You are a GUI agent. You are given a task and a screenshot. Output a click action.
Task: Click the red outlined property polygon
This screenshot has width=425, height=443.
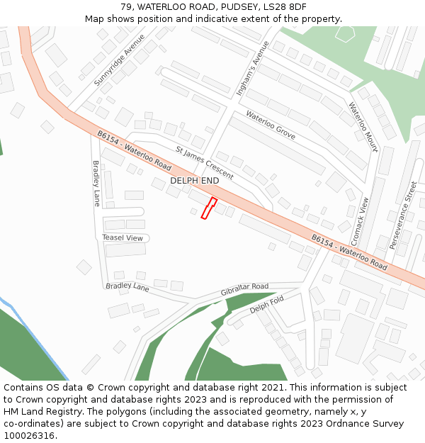[209, 208]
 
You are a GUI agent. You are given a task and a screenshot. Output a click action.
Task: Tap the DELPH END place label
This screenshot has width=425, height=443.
[194, 181]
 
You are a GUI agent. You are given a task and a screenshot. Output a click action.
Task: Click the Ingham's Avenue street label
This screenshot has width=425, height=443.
[253, 68]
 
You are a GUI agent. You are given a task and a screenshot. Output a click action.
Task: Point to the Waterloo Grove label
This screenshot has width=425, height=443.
[271, 124]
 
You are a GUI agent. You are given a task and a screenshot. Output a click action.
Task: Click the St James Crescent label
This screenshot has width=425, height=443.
[204, 162]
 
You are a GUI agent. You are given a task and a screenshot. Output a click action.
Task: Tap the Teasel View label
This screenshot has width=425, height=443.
[123, 237]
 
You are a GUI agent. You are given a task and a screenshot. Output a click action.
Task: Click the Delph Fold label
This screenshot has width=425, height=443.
[266, 305]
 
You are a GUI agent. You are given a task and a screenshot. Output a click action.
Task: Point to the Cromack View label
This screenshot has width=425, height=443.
[360, 220]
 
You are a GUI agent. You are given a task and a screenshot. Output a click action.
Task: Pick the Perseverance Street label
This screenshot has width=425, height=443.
[403, 215]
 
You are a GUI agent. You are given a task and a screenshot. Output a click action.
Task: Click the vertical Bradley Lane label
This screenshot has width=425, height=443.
[97, 183]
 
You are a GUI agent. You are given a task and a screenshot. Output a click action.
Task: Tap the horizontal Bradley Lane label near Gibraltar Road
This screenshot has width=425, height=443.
[127, 287]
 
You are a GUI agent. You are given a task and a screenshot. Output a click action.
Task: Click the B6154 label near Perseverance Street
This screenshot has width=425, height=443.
[349, 252]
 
